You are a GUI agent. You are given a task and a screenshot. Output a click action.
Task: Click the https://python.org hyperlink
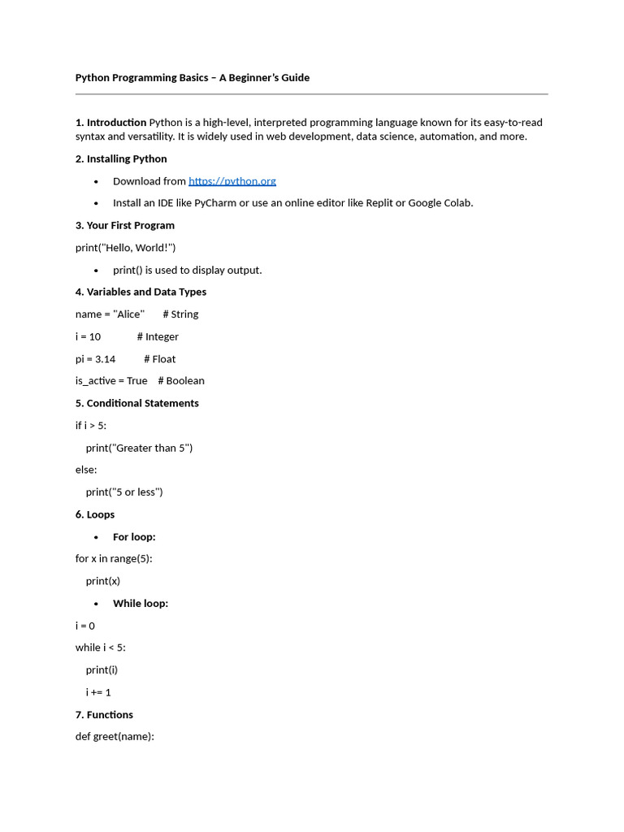(232, 181)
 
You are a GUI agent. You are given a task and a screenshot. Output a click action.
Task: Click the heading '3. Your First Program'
(125, 225)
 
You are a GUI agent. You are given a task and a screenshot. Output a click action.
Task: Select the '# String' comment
(180, 314)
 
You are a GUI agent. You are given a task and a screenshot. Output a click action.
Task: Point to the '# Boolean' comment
(181, 381)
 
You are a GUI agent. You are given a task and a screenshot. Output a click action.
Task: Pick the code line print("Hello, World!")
(125, 248)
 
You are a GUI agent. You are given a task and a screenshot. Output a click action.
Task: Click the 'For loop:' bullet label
(134, 537)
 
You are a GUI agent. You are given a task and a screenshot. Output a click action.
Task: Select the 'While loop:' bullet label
(141, 604)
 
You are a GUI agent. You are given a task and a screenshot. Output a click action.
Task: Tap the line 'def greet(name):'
(115, 737)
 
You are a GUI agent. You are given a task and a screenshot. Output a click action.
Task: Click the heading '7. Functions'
(104, 715)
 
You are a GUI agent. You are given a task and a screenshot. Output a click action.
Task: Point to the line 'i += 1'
(98, 692)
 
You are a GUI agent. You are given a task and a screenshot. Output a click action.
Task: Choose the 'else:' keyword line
(86, 470)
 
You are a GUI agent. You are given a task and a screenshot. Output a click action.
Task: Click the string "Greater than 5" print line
(139, 448)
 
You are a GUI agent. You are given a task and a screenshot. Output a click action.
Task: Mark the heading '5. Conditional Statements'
(137, 403)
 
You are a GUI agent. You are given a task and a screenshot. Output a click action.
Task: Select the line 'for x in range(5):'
(114, 559)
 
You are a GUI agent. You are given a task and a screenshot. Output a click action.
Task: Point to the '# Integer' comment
(158, 336)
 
